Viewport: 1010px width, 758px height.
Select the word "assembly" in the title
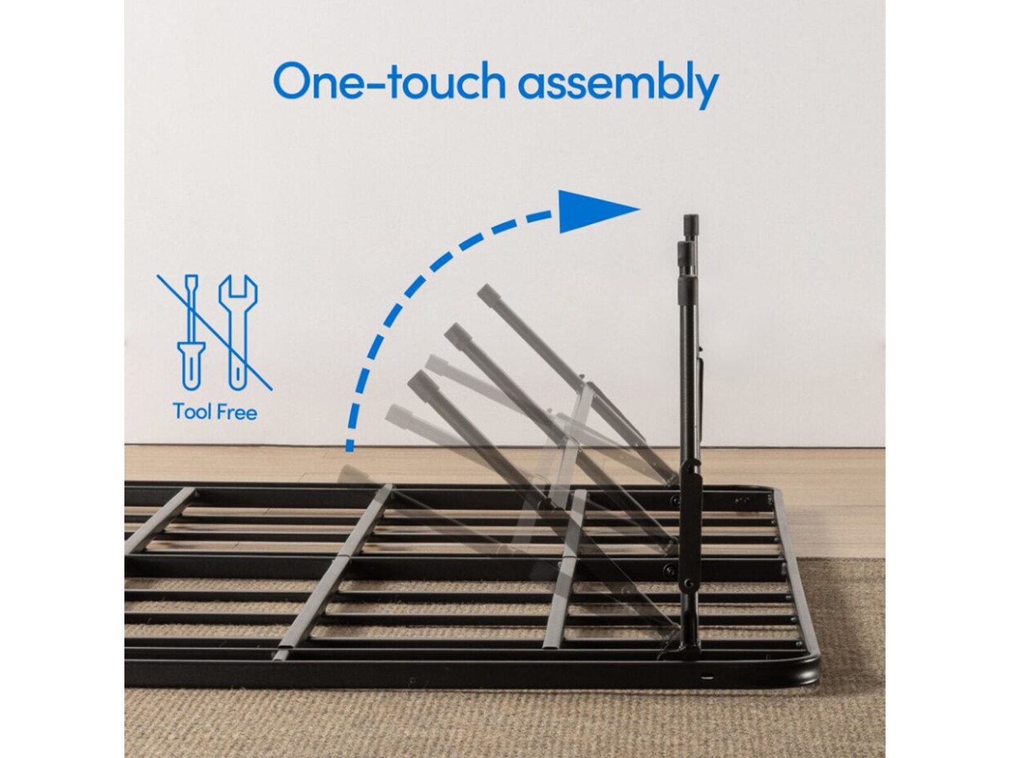click(x=618, y=85)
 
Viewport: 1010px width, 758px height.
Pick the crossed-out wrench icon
click(x=237, y=332)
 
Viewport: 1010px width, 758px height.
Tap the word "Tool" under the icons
click(x=193, y=412)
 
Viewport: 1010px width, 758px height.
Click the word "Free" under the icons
click(x=236, y=412)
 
